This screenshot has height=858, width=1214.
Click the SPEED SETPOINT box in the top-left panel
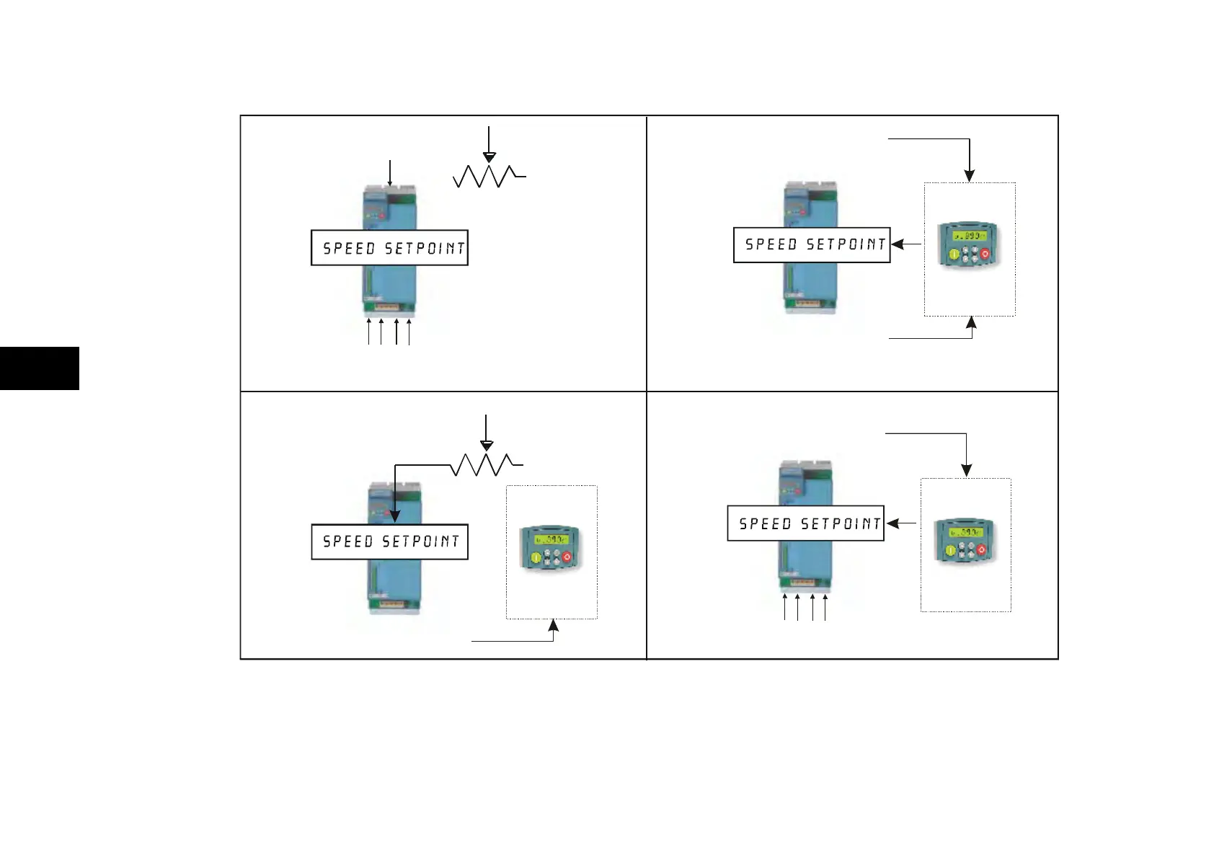tap(389, 248)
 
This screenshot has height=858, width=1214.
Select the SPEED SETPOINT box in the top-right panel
tap(812, 244)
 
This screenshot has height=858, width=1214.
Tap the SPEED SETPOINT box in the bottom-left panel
tap(389, 541)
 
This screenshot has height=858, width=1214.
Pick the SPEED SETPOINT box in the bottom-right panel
tap(805, 523)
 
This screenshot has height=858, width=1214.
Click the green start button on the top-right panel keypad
tap(953, 255)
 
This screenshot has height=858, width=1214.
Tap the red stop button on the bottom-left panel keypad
tap(567, 557)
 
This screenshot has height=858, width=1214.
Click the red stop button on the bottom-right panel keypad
tap(981, 550)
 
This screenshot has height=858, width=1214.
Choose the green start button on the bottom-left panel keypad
tap(536, 557)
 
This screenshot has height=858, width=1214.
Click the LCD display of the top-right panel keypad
tap(967, 236)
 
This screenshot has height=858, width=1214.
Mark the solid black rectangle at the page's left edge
tap(40, 368)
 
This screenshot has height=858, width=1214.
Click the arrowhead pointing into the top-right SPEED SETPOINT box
tap(897, 244)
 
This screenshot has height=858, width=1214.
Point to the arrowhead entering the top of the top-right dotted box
tap(970, 176)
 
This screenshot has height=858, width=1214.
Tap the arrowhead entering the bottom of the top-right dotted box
tap(971, 323)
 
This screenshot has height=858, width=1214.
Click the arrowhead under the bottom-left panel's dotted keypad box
tap(553, 625)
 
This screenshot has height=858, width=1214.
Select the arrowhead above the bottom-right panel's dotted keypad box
tap(966, 470)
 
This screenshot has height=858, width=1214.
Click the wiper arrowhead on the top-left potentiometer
tap(489, 158)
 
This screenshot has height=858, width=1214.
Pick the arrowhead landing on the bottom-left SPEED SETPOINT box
tap(394, 516)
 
